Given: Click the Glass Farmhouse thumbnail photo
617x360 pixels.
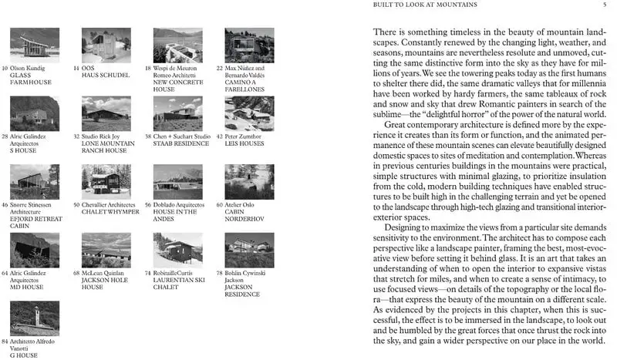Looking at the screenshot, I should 34,45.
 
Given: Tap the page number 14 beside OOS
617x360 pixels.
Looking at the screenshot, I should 76,68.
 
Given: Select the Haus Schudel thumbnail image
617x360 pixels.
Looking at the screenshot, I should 106,45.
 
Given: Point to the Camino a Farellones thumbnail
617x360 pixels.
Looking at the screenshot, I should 248,45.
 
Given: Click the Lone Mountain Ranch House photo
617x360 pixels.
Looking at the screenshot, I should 106,113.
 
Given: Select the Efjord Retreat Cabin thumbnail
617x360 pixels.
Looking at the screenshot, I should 34,182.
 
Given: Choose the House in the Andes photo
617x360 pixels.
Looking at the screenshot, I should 177,182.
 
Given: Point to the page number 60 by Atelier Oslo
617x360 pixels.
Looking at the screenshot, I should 220,205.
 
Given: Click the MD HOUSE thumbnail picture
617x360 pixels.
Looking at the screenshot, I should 34,250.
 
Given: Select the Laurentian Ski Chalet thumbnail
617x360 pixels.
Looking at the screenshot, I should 177,250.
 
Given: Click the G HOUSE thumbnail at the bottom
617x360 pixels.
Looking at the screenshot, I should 34,318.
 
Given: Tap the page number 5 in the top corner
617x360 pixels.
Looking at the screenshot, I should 605,5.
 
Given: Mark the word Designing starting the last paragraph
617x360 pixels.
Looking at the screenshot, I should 391,230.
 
